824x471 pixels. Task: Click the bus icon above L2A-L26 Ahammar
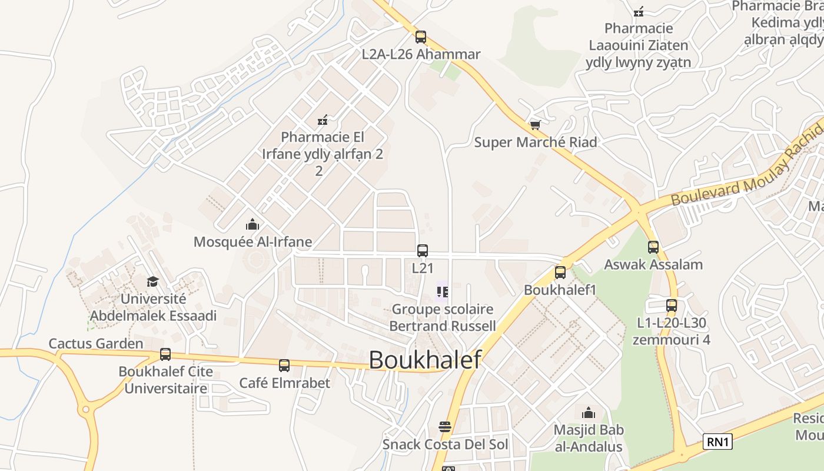point(420,37)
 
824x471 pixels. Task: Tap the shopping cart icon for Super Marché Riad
point(535,125)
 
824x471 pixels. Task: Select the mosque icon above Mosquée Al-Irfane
point(252,224)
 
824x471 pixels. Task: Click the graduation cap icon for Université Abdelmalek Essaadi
point(152,282)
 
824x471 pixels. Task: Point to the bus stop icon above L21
point(423,251)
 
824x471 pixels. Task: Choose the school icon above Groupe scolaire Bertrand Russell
point(443,291)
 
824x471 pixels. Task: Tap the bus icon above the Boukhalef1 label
point(560,273)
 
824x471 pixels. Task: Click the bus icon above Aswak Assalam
point(653,247)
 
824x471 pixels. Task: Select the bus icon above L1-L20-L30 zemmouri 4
point(672,306)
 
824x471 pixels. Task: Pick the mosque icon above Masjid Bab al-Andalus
point(588,413)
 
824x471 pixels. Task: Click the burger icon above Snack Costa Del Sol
point(445,427)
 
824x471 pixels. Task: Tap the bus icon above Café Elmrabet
point(284,366)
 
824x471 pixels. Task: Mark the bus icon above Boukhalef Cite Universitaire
point(165,354)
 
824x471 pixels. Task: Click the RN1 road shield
point(717,442)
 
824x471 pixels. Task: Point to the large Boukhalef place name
point(425,360)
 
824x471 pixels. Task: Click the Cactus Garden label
point(96,344)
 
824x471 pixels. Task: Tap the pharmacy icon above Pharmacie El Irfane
point(322,121)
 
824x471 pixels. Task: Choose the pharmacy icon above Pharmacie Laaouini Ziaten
point(639,11)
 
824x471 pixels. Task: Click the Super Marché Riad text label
point(536,142)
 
